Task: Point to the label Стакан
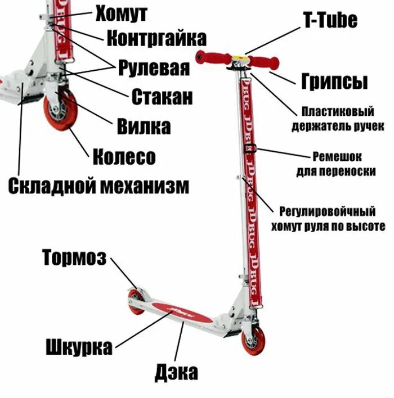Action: click(162, 97)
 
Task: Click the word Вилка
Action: click(144, 126)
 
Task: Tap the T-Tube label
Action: click(330, 21)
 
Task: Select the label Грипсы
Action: click(334, 81)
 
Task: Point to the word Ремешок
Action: click(337, 156)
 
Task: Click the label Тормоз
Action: click(74, 258)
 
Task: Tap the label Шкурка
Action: click(79, 347)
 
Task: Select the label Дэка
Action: click(176, 372)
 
